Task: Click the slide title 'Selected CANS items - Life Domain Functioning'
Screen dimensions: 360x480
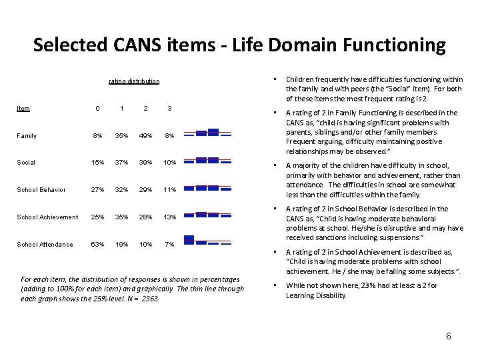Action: pos(239,45)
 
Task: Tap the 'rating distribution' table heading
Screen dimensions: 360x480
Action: pos(134,81)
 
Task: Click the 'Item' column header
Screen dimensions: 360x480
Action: pos(23,108)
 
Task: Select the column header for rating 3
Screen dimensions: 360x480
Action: pos(170,108)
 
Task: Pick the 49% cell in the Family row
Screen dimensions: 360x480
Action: pos(146,136)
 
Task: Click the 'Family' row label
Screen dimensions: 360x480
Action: pos(27,136)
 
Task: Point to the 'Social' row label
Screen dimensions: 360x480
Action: pos(27,163)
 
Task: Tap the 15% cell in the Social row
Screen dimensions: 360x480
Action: pos(97,163)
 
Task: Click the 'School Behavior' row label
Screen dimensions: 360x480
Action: pos(42,190)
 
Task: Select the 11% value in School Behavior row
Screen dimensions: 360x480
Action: pos(170,190)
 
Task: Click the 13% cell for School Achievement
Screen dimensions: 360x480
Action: pos(170,217)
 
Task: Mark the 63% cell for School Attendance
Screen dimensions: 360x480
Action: pos(97,245)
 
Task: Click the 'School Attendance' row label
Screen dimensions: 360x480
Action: pos(45,245)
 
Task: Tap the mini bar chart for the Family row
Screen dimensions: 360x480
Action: pos(207,132)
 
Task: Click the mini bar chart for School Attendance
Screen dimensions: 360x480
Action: pos(207,240)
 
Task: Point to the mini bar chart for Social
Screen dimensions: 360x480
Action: pos(207,160)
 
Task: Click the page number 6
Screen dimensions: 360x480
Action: pos(449,336)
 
